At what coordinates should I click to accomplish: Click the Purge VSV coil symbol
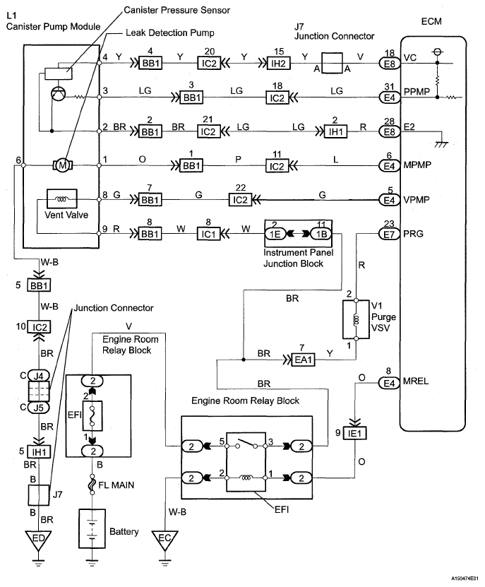click(x=357, y=319)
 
